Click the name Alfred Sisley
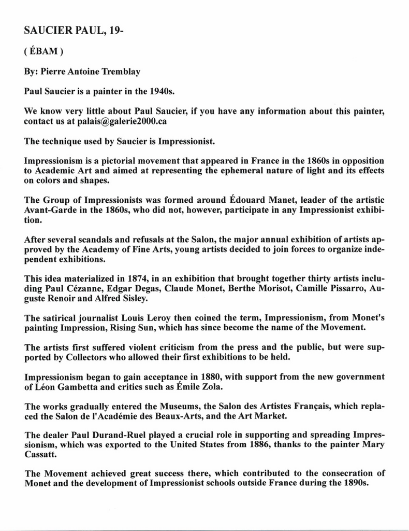click(x=121, y=298)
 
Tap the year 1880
click(x=209, y=376)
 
